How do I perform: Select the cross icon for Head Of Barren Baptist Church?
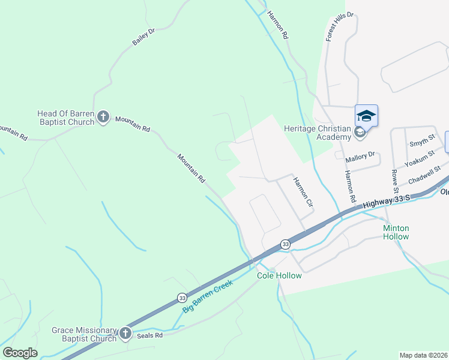coord(103,117)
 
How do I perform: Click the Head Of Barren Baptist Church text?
coord(66,118)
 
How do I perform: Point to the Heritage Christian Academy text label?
coord(316,132)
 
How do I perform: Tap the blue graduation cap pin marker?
coord(366,115)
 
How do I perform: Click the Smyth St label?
coord(422,142)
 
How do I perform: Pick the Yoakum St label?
coord(418,158)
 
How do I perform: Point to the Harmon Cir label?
coord(303,192)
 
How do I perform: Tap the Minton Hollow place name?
coord(396,232)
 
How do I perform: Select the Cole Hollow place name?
coord(279,275)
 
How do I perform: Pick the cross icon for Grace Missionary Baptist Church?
coord(125,333)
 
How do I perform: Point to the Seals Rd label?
coord(151,335)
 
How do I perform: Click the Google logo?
coord(20,352)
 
